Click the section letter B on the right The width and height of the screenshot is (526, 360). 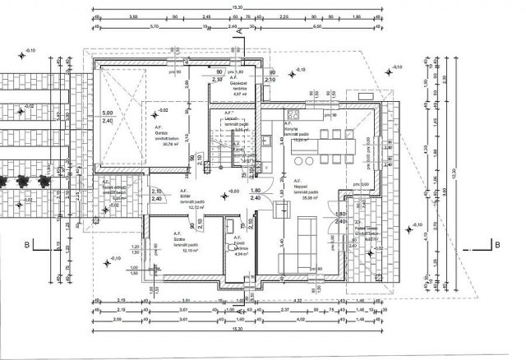pyautogui.click(x=497, y=243)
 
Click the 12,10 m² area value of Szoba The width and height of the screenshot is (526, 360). pyautogui.click(x=179, y=252)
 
